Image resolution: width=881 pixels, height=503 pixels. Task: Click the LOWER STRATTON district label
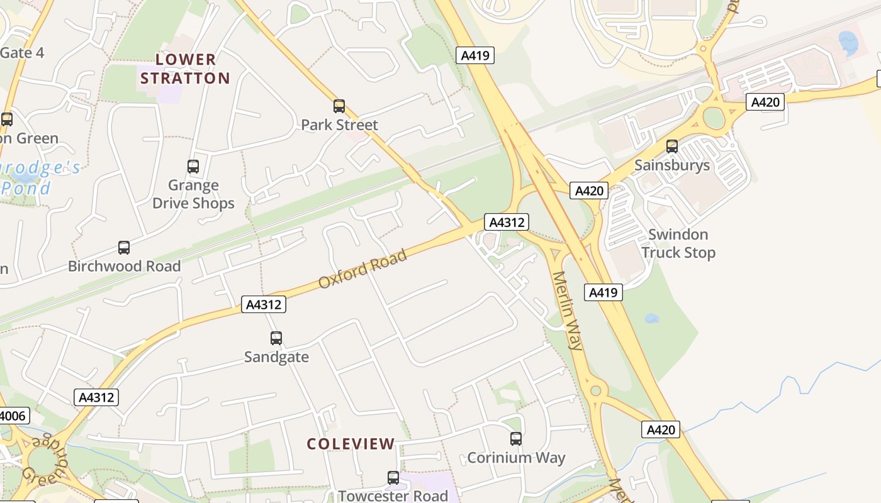click(185, 69)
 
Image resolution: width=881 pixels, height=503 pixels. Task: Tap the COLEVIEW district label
click(351, 444)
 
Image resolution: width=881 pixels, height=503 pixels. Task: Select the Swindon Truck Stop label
click(678, 243)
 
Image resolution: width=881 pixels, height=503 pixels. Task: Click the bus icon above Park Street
click(339, 106)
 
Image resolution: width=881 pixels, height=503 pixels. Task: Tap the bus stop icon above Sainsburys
click(672, 146)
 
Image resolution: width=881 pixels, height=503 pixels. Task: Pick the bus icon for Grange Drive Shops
click(193, 167)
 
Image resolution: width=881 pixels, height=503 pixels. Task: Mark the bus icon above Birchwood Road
click(124, 248)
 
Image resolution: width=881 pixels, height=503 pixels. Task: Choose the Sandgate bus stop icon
click(276, 338)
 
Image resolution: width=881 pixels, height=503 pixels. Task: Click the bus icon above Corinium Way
click(516, 439)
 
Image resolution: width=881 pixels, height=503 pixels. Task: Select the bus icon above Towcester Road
click(393, 478)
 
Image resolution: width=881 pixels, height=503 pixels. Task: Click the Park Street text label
click(339, 125)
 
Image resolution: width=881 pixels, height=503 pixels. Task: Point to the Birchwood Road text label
click(124, 266)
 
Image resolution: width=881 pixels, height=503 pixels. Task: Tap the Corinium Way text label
click(516, 458)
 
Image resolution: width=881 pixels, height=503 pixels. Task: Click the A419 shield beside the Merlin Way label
click(603, 292)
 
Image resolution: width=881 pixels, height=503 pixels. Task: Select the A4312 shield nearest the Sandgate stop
click(264, 305)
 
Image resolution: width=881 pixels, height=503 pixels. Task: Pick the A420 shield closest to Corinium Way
click(661, 430)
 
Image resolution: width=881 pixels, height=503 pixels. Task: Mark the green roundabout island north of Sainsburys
click(714, 118)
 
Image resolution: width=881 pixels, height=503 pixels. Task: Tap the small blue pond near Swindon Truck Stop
click(651, 318)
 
